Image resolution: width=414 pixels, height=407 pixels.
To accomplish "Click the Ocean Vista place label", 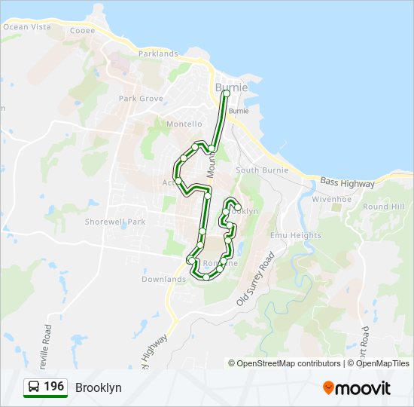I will (x=26, y=27).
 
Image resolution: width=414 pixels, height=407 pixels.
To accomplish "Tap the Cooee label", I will (x=82, y=31).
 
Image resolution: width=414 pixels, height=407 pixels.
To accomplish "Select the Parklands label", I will (x=158, y=54).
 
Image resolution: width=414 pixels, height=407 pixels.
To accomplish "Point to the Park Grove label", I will (x=141, y=99).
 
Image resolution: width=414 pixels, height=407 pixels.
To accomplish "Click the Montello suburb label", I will (x=184, y=124).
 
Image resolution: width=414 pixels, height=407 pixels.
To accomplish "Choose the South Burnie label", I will (x=257, y=170).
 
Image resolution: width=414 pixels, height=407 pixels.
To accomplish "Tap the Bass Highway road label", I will (x=346, y=183).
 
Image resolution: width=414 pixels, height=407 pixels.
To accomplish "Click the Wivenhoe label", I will (x=332, y=200).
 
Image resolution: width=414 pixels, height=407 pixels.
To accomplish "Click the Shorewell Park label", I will (x=115, y=222).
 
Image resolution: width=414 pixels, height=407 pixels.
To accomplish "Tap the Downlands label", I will (x=163, y=280).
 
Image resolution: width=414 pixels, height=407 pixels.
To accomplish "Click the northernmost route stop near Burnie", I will (x=225, y=93).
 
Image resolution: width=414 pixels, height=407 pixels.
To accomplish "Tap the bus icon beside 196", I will (x=34, y=387).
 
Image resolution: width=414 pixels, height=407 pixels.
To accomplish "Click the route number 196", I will (x=53, y=387).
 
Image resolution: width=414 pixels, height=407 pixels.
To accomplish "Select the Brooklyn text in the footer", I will (x=98, y=387).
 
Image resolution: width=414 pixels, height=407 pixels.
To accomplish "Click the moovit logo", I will (x=357, y=388).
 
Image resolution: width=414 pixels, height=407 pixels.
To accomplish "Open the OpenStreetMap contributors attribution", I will (x=289, y=363).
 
